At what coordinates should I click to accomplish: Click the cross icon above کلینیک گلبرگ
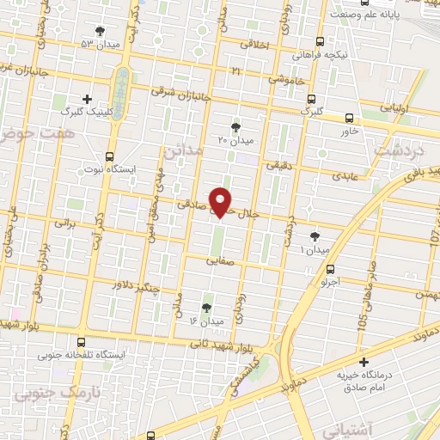click(x=87, y=100)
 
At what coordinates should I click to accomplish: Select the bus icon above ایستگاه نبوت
click(x=109, y=156)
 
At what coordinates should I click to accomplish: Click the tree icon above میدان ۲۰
click(x=236, y=127)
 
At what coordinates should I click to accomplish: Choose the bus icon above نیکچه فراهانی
click(x=321, y=41)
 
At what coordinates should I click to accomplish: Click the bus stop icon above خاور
click(x=349, y=119)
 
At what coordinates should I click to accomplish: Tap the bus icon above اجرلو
click(x=331, y=269)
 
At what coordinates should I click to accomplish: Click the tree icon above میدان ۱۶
click(x=206, y=307)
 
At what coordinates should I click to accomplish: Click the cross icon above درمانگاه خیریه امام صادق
click(x=364, y=363)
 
